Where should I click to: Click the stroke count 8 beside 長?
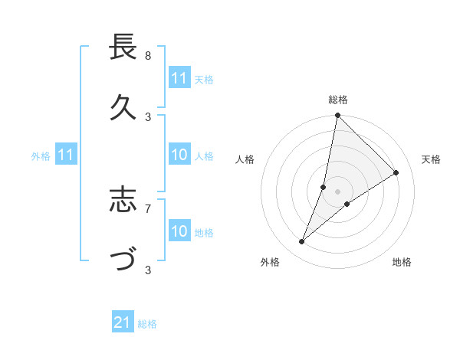[x=148, y=55]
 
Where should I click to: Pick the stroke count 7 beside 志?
[x=148, y=208]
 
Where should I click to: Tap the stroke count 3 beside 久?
[x=148, y=116]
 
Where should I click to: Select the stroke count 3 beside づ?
[x=148, y=269]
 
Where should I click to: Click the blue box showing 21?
[x=123, y=322]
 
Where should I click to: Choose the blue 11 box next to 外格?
[x=66, y=155]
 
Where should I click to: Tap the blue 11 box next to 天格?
[x=179, y=79]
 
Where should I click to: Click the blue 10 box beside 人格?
[x=179, y=155]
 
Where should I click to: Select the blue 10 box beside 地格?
[x=179, y=231]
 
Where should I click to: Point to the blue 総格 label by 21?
[x=147, y=324]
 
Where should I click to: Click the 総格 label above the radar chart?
[x=338, y=100]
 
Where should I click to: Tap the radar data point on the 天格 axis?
[x=396, y=172]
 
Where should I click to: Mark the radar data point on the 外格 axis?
[x=301, y=242]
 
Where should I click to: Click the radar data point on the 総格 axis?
[x=337, y=116]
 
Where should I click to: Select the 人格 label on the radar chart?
[x=245, y=159]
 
